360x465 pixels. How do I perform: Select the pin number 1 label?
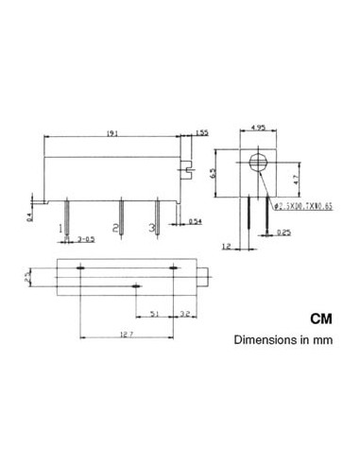pyautogui.click(x=62, y=228)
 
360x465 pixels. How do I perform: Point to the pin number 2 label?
pyautogui.click(x=115, y=228)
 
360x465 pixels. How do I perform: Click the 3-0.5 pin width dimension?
pyautogui.click(x=85, y=239)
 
